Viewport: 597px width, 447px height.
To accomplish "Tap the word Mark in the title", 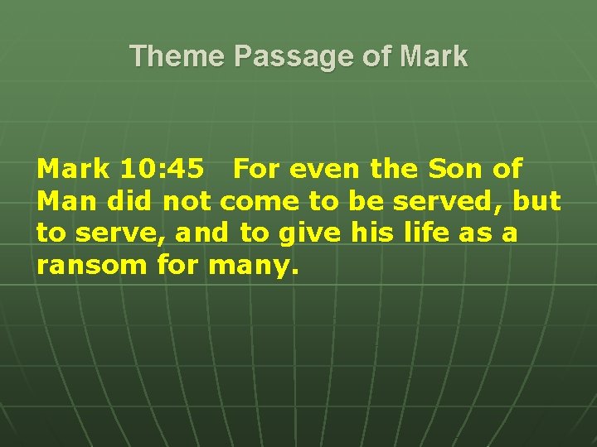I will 433,56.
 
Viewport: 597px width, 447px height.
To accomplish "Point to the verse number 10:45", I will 162,169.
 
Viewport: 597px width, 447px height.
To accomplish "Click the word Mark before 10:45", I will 73,169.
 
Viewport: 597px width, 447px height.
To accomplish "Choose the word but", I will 537,201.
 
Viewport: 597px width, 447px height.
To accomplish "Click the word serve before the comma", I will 119,233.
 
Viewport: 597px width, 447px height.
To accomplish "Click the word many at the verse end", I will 250,266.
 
